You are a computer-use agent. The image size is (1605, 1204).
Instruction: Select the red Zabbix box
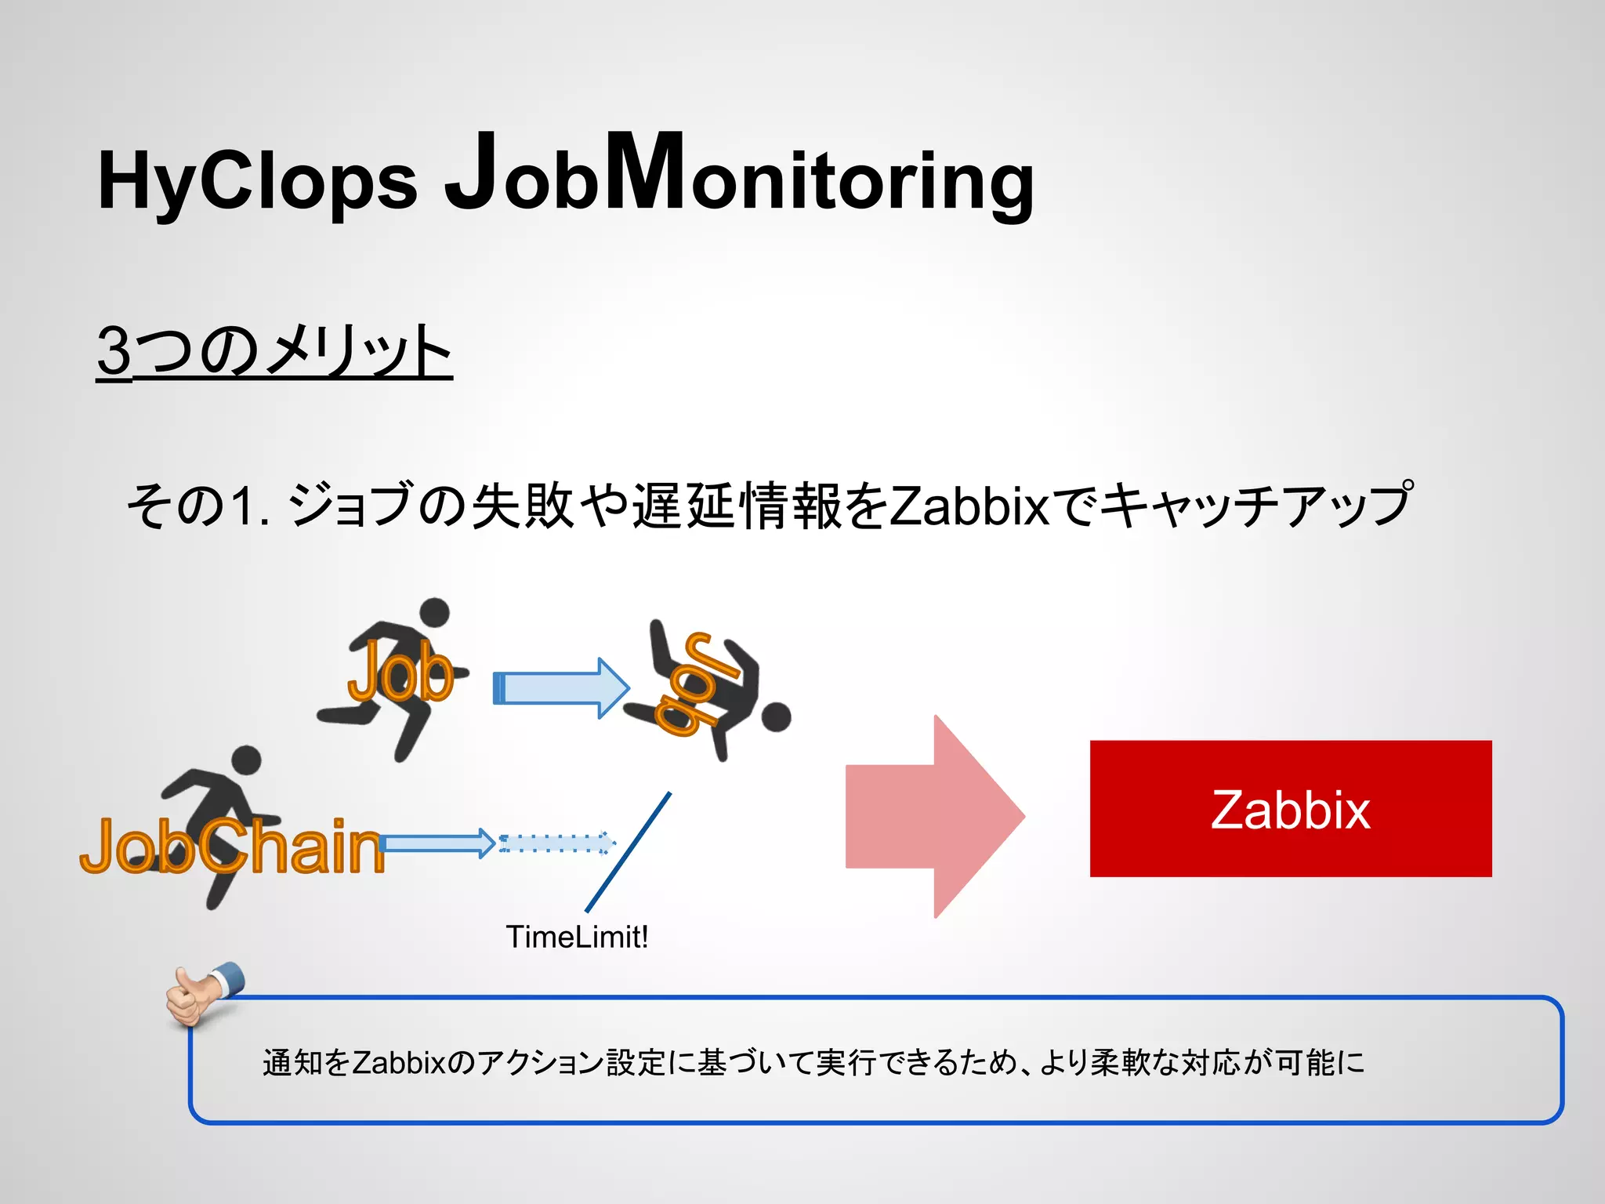point(1290,808)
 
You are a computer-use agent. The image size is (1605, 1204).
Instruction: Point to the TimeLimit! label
point(577,937)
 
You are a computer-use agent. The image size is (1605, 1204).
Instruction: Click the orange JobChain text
point(232,847)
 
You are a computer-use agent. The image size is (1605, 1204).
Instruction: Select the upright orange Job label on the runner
point(400,671)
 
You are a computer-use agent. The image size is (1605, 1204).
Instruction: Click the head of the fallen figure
point(776,717)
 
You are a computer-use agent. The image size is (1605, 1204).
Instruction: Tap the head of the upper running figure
point(435,612)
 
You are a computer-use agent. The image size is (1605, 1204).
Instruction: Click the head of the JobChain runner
point(247,760)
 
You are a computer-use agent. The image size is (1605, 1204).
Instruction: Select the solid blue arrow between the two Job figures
point(560,688)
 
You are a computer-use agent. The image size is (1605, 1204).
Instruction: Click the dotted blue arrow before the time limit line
point(556,843)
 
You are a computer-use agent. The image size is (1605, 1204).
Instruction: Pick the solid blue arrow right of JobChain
point(437,843)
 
